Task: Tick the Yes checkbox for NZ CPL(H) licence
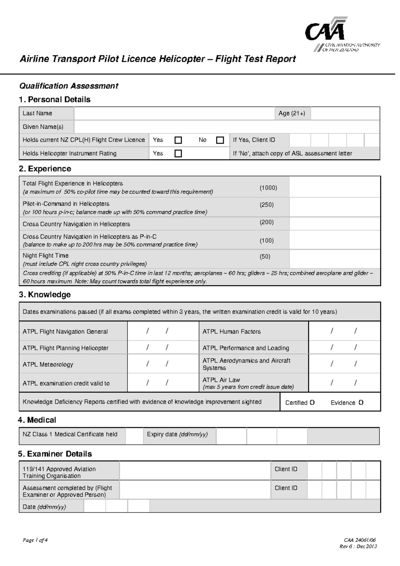click(x=178, y=140)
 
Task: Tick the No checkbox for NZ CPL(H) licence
click(x=220, y=140)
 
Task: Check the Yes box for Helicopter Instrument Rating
click(x=178, y=154)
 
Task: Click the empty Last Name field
click(x=174, y=113)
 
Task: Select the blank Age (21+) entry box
click(x=345, y=113)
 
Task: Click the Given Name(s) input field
click(x=227, y=127)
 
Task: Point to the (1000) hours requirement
click(x=268, y=188)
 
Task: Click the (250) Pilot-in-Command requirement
click(x=267, y=205)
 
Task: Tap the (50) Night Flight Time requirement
click(x=265, y=257)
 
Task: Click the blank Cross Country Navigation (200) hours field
click(x=335, y=224)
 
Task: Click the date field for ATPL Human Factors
click(x=344, y=331)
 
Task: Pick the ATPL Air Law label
click(x=221, y=380)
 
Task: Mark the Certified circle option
click(x=312, y=402)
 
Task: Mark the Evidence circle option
click(x=361, y=402)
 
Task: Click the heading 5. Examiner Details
click(x=55, y=454)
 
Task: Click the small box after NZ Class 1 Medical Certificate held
click(x=134, y=436)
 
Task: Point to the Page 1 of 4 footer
click(x=35, y=540)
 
